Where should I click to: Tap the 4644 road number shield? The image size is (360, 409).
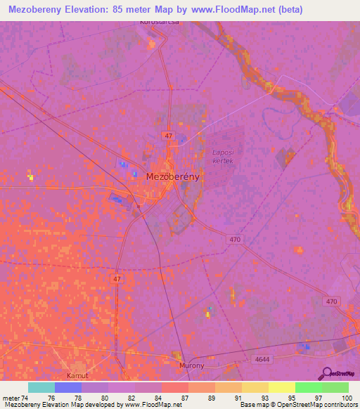pos(262,359)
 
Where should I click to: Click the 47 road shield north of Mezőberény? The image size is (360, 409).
pos(167,134)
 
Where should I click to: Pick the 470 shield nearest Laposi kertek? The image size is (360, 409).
pos(236,240)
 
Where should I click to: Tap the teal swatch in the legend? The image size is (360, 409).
pos(41,387)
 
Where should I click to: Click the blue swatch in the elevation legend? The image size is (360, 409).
pos(68,387)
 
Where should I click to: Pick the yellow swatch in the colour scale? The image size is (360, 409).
pos(281,387)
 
